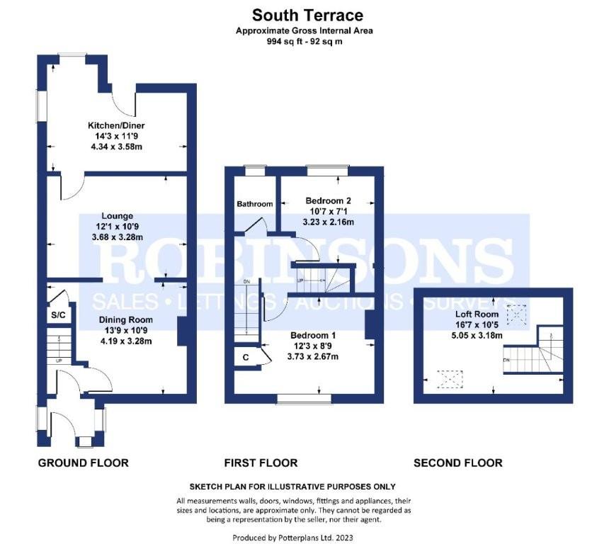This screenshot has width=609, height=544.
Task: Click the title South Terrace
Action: [304, 15]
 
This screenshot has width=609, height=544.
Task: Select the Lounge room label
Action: [117, 216]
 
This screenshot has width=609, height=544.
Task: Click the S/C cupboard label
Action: [57, 314]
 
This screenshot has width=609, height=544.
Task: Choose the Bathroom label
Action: [254, 204]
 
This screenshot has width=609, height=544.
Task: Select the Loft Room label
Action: [478, 314]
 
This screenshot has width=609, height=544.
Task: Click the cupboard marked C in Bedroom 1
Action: [245, 358]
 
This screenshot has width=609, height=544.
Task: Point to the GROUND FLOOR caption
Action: [83, 463]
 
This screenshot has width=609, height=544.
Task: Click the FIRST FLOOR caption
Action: [261, 463]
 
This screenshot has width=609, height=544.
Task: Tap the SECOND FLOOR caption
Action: [457, 463]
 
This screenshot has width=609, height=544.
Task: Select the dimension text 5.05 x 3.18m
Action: [478, 335]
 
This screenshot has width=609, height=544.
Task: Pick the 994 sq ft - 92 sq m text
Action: [304, 42]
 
